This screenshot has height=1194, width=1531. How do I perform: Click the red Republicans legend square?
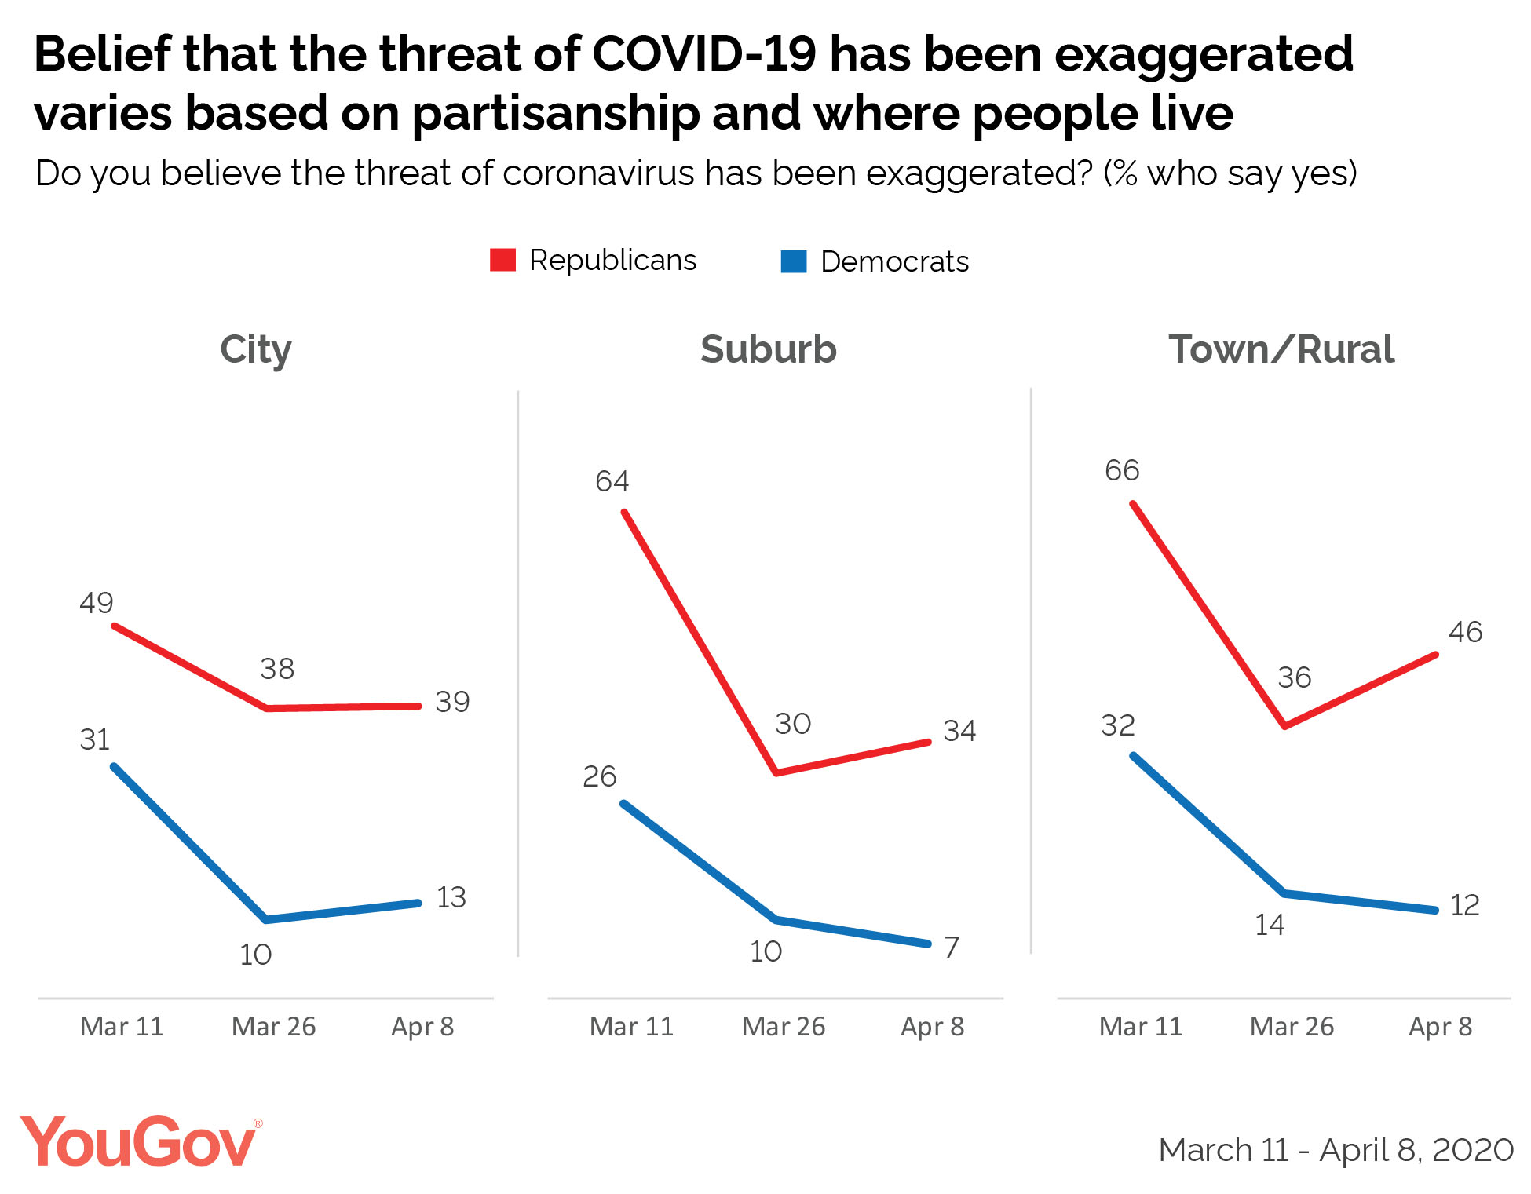[x=502, y=260]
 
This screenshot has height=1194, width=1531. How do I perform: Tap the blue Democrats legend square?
[x=794, y=261]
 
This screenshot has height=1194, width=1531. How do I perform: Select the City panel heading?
[x=255, y=349]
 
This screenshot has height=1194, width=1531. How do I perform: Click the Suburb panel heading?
[x=768, y=349]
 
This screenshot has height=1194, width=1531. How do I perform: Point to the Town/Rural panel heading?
[x=1281, y=349]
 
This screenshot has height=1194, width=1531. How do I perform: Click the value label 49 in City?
[x=97, y=603]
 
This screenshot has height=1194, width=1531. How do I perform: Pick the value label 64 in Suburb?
[x=612, y=481]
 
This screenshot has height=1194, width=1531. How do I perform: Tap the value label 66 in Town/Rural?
[x=1122, y=470]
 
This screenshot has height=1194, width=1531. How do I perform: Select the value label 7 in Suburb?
[x=952, y=948]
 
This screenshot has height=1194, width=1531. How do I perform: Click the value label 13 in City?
[x=451, y=897]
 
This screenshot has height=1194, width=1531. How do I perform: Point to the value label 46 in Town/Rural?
[x=1465, y=632]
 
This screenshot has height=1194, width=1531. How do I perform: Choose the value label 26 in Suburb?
[x=600, y=776]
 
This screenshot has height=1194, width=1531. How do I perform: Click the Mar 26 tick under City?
[x=273, y=1027]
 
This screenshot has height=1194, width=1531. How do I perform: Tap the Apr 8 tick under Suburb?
[x=932, y=1027]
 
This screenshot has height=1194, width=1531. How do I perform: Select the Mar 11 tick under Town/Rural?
[x=1140, y=1027]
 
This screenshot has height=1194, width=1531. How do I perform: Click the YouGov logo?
[x=140, y=1142]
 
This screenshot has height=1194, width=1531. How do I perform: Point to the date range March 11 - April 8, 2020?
[x=1336, y=1150]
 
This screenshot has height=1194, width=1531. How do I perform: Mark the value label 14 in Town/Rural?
[x=1270, y=925]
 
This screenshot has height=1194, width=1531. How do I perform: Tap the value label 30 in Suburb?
[x=793, y=724]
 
